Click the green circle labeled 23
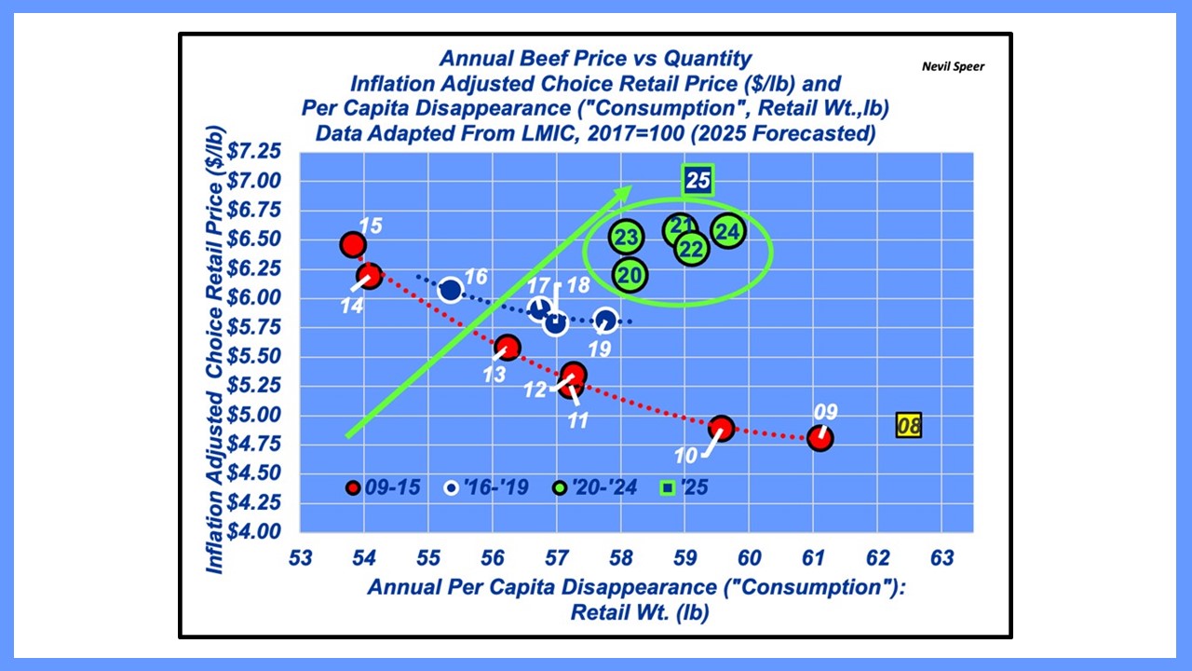click(627, 237)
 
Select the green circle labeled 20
click(630, 275)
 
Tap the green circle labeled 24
click(728, 231)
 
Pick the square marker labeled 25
click(698, 180)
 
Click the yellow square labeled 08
click(908, 426)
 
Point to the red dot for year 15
click(353, 245)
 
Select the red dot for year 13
click(508, 348)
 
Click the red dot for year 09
click(820, 438)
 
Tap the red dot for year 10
click(722, 428)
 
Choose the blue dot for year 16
click(451, 290)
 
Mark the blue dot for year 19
click(606, 321)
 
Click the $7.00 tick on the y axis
click(254, 181)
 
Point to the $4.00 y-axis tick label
click(254, 531)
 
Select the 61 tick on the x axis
click(813, 558)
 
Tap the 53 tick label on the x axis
click(300, 558)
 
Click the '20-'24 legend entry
click(594, 487)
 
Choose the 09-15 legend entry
click(383, 487)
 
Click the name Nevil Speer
click(953, 66)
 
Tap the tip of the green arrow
click(631, 185)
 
